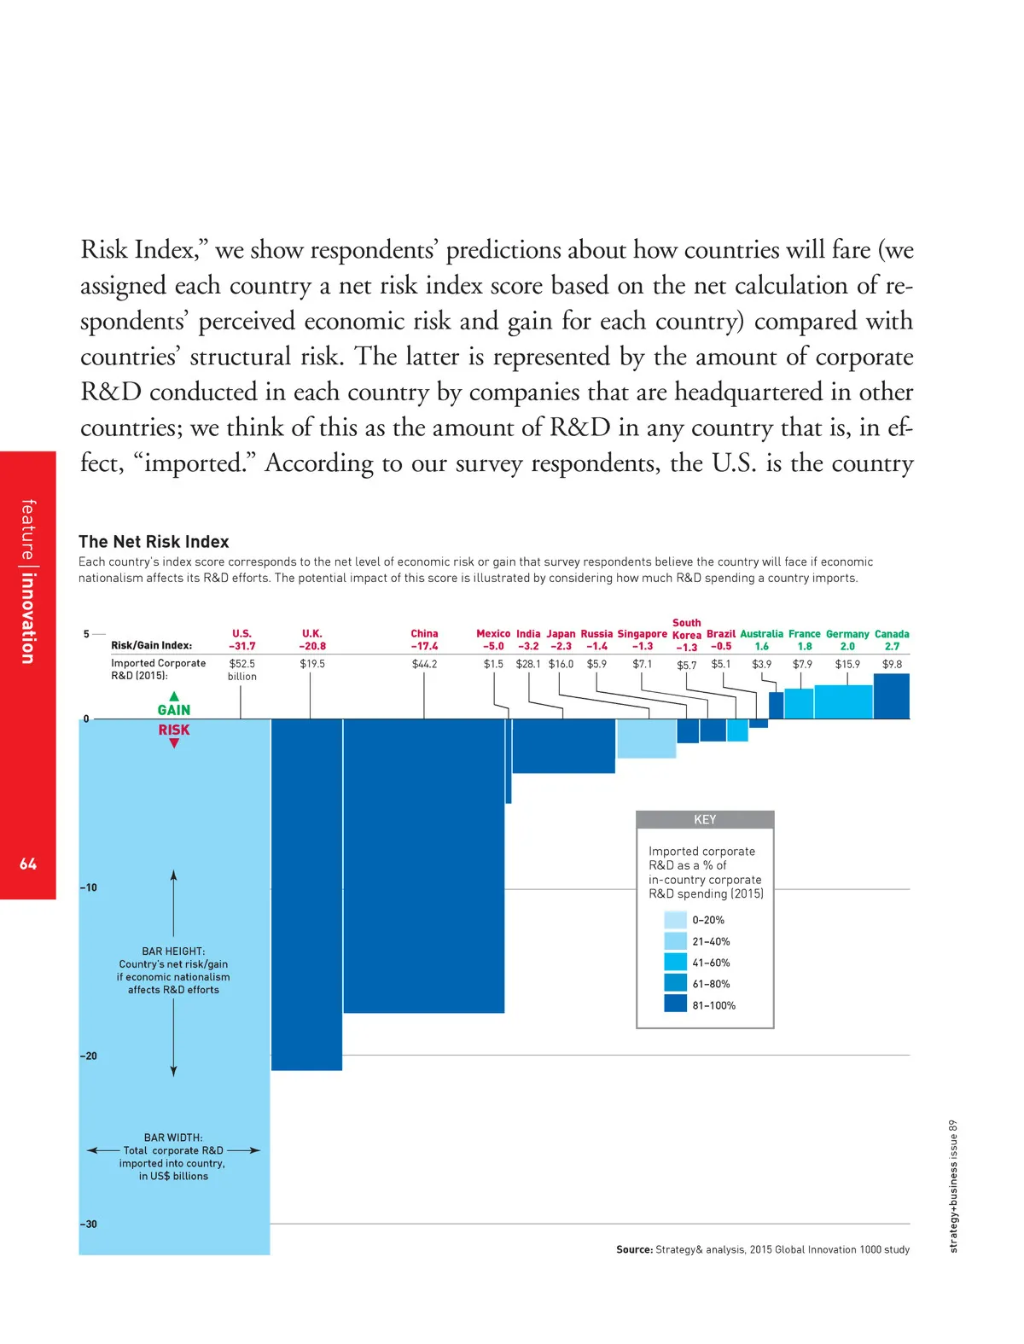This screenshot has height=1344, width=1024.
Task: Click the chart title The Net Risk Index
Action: coord(154,542)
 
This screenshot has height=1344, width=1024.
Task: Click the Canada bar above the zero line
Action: coord(891,696)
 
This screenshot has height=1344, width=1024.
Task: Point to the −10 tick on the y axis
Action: coord(89,887)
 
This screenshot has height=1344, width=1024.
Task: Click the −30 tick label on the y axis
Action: coord(89,1225)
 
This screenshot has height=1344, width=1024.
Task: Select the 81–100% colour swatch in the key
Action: coord(675,1004)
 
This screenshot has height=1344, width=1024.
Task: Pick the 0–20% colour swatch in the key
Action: coord(675,920)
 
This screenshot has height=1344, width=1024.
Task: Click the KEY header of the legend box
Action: coord(705,820)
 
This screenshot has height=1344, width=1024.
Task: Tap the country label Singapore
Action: coord(642,634)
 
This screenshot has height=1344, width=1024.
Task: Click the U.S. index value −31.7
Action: coord(241,647)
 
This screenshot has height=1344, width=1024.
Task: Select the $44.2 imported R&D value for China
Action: coord(424,664)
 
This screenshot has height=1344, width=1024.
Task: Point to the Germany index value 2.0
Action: coord(847,647)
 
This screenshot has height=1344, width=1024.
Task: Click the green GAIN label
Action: coord(174,710)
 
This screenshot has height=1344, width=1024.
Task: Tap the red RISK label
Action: coord(174,730)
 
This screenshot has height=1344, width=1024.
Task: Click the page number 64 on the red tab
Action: coord(28,864)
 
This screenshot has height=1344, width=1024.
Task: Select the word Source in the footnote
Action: coord(634,1249)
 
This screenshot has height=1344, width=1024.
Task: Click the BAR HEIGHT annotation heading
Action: coord(173,951)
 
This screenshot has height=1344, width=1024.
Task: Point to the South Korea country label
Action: coord(687,629)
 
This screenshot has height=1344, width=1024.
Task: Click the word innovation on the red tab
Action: coord(28,618)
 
